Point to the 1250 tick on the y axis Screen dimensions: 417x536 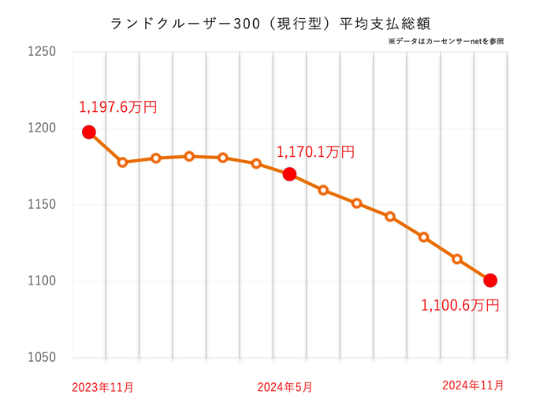(x=41, y=52)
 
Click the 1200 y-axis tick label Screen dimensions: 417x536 (x=41, y=128)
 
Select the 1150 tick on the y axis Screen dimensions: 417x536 (x=41, y=205)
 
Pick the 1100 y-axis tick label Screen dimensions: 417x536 (x=41, y=281)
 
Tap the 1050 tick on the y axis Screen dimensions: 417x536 (x=41, y=358)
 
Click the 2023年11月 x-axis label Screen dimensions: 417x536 (x=102, y=387)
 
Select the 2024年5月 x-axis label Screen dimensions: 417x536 (x=285, y=387)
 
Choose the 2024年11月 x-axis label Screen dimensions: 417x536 (x=473, y=385)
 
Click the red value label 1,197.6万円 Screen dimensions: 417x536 (x=118, y=106)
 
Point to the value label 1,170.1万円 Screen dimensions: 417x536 (x=315, y=151)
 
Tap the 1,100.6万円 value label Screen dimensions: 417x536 (x=460, y=305)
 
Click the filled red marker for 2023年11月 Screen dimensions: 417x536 (x=89, y=132)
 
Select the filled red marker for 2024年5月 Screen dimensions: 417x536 (x=289, y=174)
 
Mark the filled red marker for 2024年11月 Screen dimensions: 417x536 (x=490, y=280)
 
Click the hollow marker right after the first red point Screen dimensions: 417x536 (x=122, y=162)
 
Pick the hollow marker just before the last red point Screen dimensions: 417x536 (x=457, y=259)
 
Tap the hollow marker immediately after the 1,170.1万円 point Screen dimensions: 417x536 (x=323, y=190)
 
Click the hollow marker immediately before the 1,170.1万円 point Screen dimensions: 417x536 (x=256, y=163)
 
